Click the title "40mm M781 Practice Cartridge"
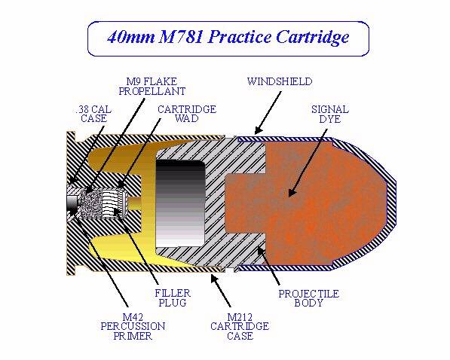[228, 38]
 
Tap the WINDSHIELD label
[280, 81]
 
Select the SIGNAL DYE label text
[330, 114]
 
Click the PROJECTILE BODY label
[309, 298]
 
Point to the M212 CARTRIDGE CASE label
[240, 326]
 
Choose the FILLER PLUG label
[173, 297]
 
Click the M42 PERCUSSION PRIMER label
[133, 326]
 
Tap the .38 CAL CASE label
[93, 114]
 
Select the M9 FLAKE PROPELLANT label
[152, 87]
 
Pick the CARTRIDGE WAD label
[187, 114]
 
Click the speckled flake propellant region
[90, 203]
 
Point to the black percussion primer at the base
[72, 204]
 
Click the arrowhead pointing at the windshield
[259, 130]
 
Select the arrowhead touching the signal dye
[292, 192]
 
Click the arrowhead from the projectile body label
[261, 251]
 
